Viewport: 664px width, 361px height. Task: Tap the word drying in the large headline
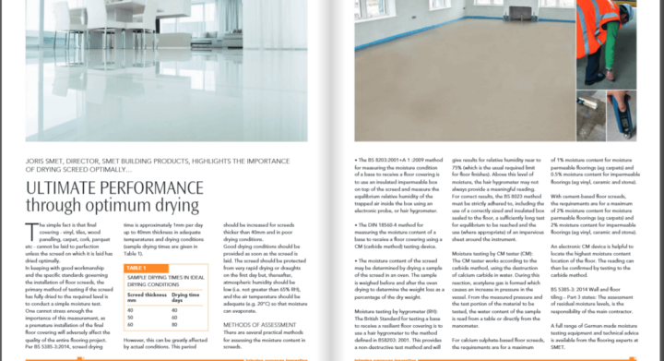coord(180,203)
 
